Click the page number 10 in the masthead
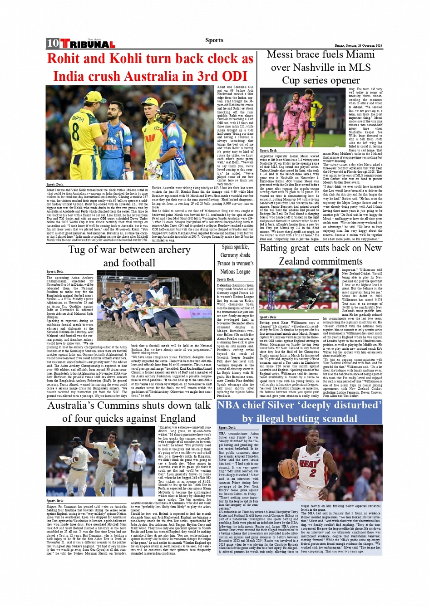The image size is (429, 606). point(53,43)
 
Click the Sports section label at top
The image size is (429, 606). point(214,40)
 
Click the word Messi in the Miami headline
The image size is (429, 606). point(282,54)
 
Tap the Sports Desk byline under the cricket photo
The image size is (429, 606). point(55,185)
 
